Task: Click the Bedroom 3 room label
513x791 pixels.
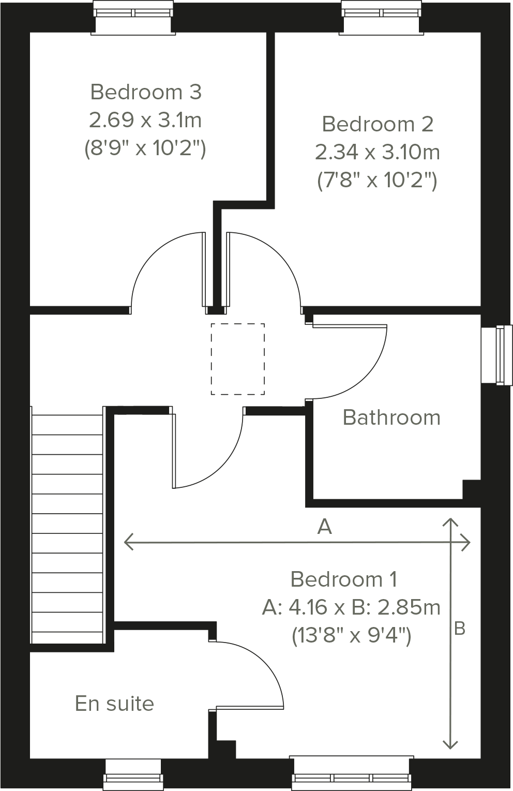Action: [145, 92]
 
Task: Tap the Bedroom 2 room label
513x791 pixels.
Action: [377, 124]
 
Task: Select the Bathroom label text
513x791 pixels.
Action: [391, 417]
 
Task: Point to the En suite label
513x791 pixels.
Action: [114, 704]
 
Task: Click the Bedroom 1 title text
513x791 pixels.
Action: [344, 579]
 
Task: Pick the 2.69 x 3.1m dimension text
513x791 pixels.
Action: [145, 120]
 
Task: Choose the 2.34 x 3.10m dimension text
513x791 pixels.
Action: [377, 152]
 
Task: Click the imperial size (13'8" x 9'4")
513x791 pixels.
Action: [352, 635]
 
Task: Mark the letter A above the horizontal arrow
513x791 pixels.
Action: [324, 527]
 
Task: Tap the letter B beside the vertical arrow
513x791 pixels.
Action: [459, 629]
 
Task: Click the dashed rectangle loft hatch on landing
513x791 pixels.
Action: [237, 359]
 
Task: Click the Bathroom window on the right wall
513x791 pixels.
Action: [496, 355]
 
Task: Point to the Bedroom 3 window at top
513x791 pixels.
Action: [133, 18]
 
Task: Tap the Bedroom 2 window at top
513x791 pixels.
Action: [381, 18]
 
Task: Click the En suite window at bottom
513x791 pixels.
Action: [132, 774]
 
